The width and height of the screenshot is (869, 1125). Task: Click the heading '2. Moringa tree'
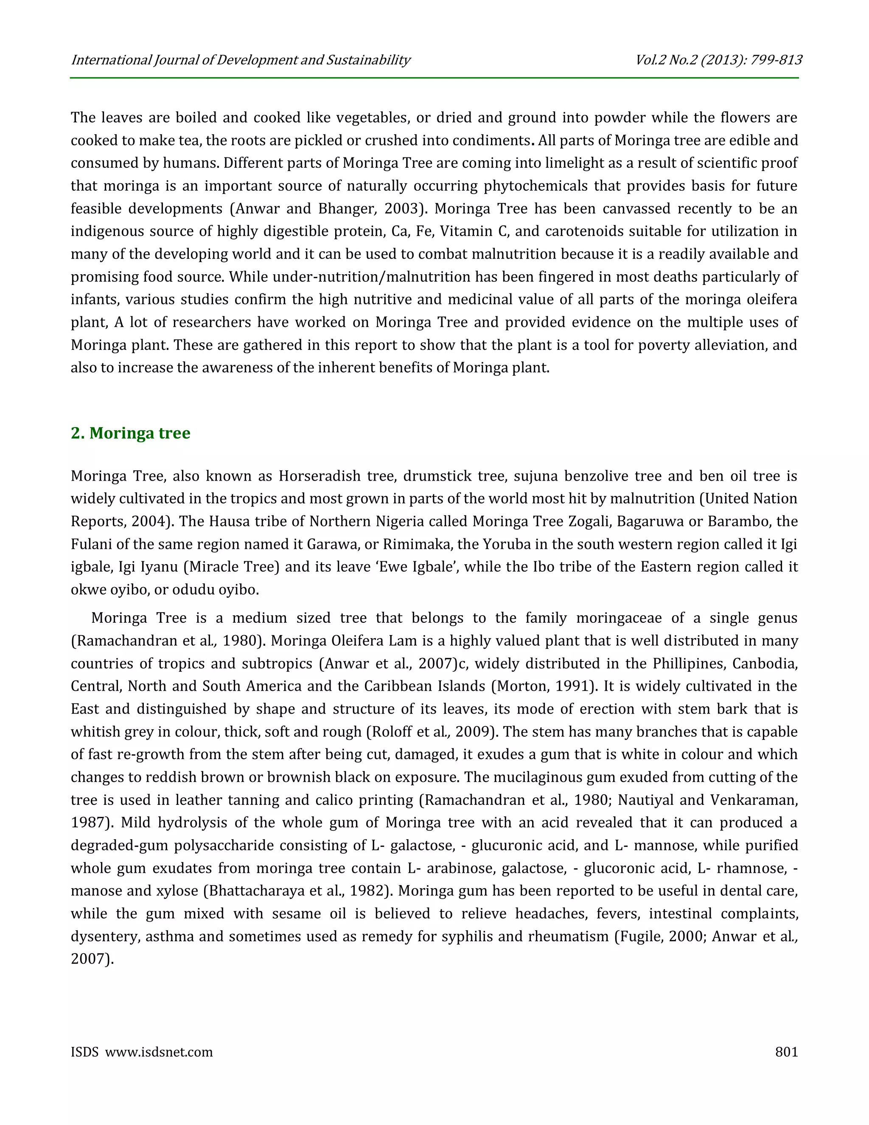pyautogui.click(x=130, y=433)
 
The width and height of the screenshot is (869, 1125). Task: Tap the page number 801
pyautogui.click(x=786, y=1052)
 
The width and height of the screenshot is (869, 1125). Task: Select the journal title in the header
pyautogui.click(x=241, y=60)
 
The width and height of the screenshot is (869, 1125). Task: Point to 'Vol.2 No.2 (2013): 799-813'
pyautogui.click(x=718, y=60)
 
